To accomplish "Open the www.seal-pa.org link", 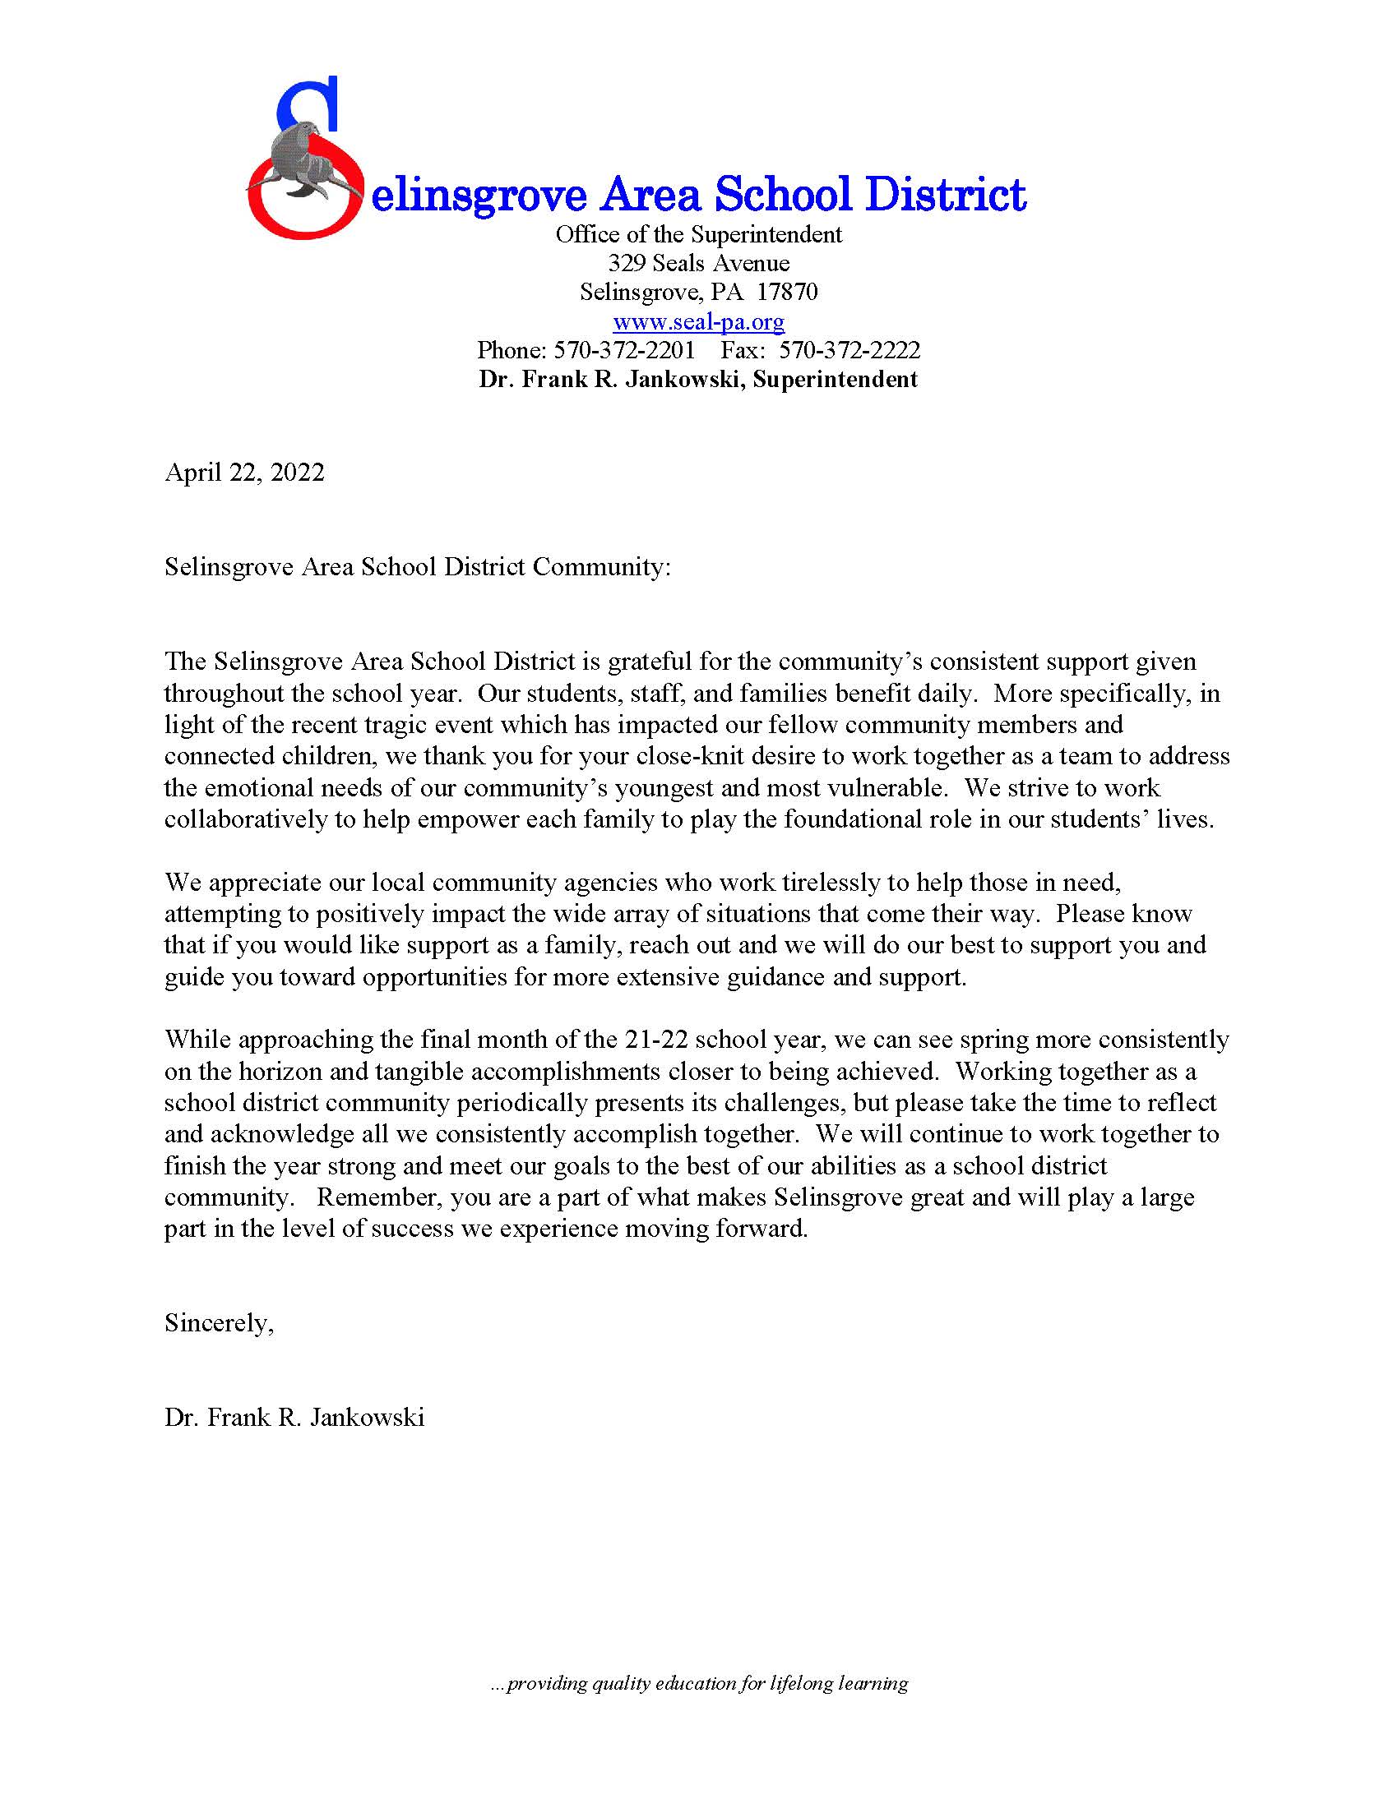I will [x=698, y=321].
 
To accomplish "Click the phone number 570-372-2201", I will [x=623, y=350].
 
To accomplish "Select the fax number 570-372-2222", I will [x=849, y=350].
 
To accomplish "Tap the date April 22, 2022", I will [x=244, y=473].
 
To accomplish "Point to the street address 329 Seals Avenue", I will [x=698, y=263].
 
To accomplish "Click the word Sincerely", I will [x=217, y=1323].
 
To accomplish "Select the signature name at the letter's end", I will [x=294, y=1418].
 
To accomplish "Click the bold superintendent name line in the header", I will [x=698, y=379].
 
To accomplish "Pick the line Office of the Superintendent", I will [x=698, y=234].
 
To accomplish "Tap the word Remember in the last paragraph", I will [x=369, y=1197].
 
